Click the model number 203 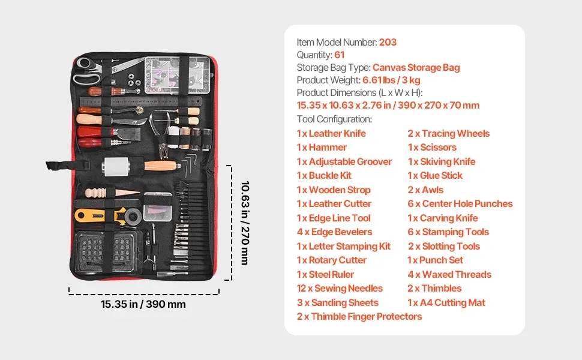pyautogui.click(x=388, y=43)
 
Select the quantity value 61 pyautogui.click(x=339, y=55)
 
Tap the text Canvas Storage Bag pyautogui.click(x=416, y=68)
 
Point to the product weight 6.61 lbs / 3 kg pyautogui.click(x=391, y=80)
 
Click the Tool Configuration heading pyautogui.click(x=334, y=119)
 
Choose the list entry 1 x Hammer pyautogui.click(x=322, y=148)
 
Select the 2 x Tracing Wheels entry pyautogui.click(x=448, y=134)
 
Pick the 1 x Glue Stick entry pyautogui.click(x=435, y=176)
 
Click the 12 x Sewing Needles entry pyautogui.click(x=340, y=289)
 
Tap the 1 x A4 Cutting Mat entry pyautogui.click(x=446, y=303)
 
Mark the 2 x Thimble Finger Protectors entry pyautogui.click(x=359, y=317)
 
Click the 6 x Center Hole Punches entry pyautogui.click(x=460, y=204)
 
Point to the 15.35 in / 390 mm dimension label pyautogui.click(x=143, y=304)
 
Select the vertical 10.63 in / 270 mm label pyautogui.click(x=245, y=223)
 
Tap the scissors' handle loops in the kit pyautogui.click(x=86, y=71)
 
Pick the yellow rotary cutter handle pyautogui.click(x=90, y=215)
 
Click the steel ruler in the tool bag pyautogui.click(x=141, y=101)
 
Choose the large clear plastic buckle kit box pyautogui.click(x=178, y=74)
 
